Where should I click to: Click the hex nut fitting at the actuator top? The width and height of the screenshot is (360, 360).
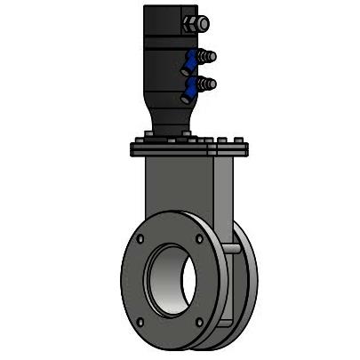pos(195,23)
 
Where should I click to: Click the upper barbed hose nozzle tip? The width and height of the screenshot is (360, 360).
pos(209,57)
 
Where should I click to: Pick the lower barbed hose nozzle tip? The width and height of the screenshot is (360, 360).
pos(209,84)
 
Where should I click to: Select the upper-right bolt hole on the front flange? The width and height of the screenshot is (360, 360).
pos(198,238)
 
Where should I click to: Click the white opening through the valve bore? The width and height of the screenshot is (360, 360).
pos(188,281)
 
